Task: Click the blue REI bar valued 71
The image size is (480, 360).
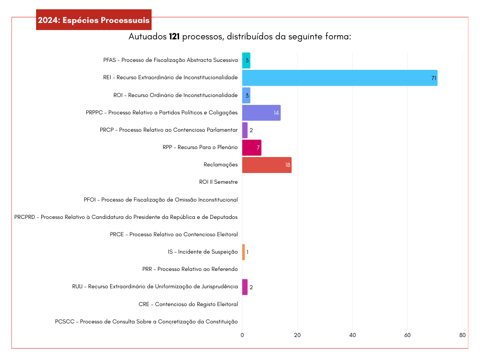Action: pos(339,78)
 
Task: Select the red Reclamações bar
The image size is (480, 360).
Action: pos(267,165)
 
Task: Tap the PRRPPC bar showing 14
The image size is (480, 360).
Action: pos(261,112)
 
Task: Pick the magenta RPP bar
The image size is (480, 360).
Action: pos(251,148)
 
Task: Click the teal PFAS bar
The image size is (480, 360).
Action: pos(246,60)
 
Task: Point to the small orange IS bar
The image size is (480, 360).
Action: pos(243,252)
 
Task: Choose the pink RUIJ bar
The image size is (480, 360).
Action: pos(245,287)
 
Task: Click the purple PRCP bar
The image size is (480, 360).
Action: pos(245,130)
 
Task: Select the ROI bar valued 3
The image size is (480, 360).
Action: pos(246,95)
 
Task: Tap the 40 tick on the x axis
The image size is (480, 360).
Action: pos(352,335)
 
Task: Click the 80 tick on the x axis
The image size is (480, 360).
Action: pos(462,335)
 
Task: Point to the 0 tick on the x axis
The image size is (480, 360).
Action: pos(242,335)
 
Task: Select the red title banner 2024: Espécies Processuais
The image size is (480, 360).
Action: pos(94,20)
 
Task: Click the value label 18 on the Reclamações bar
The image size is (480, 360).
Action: pos(288,165)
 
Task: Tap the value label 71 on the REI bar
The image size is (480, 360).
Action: pos(434,78)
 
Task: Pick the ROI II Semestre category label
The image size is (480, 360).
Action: pos(218,182)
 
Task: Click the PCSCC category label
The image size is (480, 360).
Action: pos(146,322)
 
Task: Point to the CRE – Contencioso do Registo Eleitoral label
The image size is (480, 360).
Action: pos(188,304)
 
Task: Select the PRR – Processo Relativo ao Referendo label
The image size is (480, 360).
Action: pos(190,269)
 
